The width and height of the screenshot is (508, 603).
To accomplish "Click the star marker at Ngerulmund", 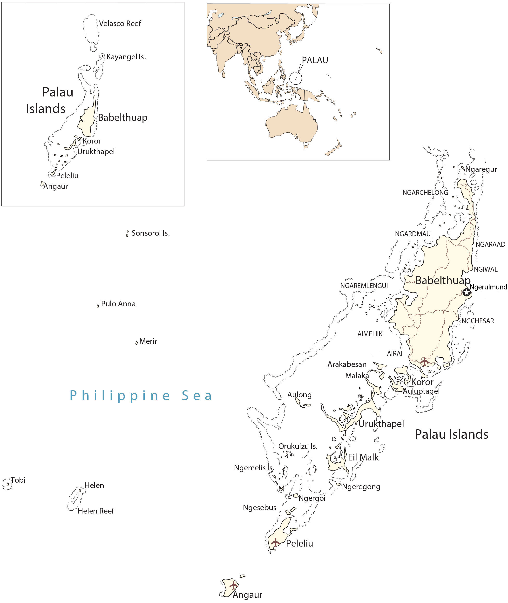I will (x=467, y=292).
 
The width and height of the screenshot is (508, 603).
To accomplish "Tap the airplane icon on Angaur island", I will (x=234, y=585).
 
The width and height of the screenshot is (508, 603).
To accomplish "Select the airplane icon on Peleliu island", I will (x=275, y=542).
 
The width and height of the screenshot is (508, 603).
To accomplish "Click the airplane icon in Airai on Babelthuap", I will (x=425, y=361).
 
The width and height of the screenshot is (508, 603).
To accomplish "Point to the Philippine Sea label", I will (x=141, y=396).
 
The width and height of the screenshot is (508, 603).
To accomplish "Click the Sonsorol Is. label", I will (x=151, y=233).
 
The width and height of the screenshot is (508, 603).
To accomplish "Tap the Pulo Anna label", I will (x=118, y=304).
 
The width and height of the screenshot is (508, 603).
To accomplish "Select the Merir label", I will (x=148, y=341).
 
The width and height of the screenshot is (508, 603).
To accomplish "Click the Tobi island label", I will (x=18, y=480).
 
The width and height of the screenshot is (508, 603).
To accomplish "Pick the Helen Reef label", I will (x=96, y=511).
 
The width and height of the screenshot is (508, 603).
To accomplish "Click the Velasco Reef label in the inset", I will (x=120, y=23).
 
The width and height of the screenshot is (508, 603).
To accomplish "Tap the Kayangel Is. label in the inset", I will (x=126, y=57).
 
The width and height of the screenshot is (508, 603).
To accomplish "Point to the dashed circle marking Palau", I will (x=296, y=78).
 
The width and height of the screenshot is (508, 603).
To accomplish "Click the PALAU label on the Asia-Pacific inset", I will (x=315, y=60).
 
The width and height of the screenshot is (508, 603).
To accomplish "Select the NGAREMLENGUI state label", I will (x=364, y=286).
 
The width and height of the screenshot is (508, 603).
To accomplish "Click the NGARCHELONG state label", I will (x=425, y=192).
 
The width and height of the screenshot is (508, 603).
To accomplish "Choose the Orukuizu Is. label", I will (x=298, y=446).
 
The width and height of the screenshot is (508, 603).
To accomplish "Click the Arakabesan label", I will (x=347, y=364).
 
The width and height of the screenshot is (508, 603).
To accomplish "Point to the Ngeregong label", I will (x=361, y=487).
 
